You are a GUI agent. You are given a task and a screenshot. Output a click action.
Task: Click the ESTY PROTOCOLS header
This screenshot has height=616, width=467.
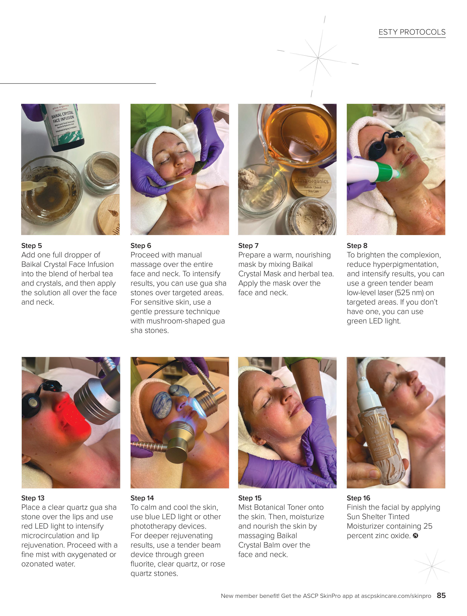click(412, 32)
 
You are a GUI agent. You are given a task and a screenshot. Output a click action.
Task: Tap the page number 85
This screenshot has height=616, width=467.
click(441, 595)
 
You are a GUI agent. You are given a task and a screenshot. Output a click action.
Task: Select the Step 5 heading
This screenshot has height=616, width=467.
click(32, 245)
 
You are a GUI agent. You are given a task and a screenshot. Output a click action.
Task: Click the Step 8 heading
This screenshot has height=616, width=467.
click(357, 245)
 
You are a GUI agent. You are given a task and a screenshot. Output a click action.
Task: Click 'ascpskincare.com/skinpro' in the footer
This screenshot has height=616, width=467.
click(396, 596)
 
